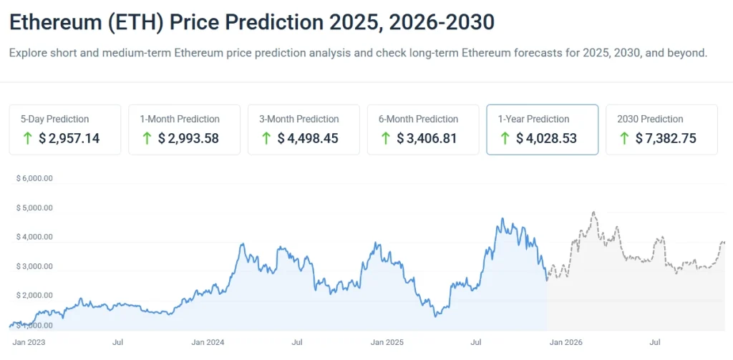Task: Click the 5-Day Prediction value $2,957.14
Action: pos(69,138)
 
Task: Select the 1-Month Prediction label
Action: pos(179,119)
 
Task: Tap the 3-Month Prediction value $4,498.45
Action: pos(308,138)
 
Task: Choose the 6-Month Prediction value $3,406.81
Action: pos(427,138)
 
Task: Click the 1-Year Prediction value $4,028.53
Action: pos(547,138)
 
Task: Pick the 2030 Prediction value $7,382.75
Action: pos(666,138)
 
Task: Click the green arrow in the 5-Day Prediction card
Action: pos(27,138)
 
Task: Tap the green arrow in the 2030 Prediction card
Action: pos(623,138)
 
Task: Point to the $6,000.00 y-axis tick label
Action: pos(34,178)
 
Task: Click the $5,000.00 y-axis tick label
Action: pos(34,208)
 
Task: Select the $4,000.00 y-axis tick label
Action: pos(34,237)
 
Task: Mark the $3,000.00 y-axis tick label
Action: pos(34,266)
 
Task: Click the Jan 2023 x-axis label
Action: pos(29,343)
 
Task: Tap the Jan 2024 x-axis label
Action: pos(209,343)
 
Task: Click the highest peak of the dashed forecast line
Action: pos(593,213)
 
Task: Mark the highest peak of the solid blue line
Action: pos(502,219)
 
